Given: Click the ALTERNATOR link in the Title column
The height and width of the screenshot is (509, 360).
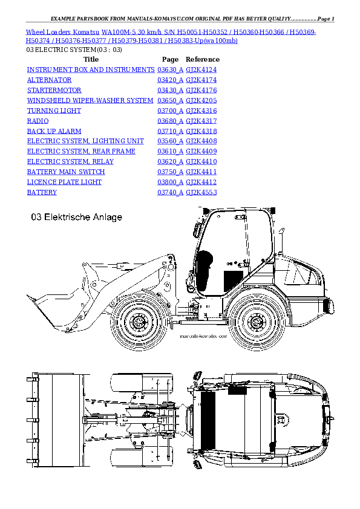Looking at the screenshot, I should point(49,80).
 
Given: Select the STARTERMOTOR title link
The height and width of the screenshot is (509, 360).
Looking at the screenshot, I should point(51,90).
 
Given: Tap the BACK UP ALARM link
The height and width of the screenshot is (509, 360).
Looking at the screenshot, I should point(54,131).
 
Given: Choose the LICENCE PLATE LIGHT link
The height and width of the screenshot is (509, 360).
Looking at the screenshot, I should point(64,182).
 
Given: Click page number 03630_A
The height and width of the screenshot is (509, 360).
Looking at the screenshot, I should point(169,70).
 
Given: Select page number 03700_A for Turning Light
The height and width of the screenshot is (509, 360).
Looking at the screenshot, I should point(169,111).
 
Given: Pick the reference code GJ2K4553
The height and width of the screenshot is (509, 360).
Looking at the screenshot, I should point(201,192).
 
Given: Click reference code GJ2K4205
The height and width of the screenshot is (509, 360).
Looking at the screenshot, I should point(201,100).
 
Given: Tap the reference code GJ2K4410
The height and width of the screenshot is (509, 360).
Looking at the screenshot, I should point(201,161).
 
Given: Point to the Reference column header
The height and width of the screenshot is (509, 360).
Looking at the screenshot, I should point(202,59).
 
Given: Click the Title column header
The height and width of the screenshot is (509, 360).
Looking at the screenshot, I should point(91,59).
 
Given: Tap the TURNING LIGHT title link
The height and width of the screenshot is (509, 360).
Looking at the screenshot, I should point(54,111).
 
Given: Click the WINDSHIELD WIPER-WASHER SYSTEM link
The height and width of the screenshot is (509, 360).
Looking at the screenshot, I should point(90,100).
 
